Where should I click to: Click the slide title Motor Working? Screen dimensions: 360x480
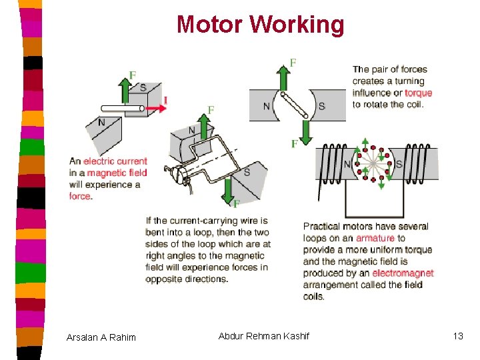click(x=260, y=25)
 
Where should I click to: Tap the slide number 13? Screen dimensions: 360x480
click(x=457, y=336)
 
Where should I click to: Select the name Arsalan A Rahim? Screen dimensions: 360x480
click(x=101, y=337)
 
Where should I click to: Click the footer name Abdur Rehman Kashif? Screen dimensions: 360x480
click(x=263, y=336)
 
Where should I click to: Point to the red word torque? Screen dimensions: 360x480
click(x=418, y=93)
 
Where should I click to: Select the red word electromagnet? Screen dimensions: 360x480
click(x=403, y=273)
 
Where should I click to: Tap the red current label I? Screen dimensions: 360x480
click(x=165, y=101)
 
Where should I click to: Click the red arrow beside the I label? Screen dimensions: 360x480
click(x=153, y=107)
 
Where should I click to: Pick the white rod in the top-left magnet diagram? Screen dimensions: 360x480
click(x=123, y=107)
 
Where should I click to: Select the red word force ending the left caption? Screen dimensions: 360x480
click(x=80, y=196)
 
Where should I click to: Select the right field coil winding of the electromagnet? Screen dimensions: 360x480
click(x=419, y=164)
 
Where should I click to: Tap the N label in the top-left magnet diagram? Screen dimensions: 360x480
click(x=101, y=123)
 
